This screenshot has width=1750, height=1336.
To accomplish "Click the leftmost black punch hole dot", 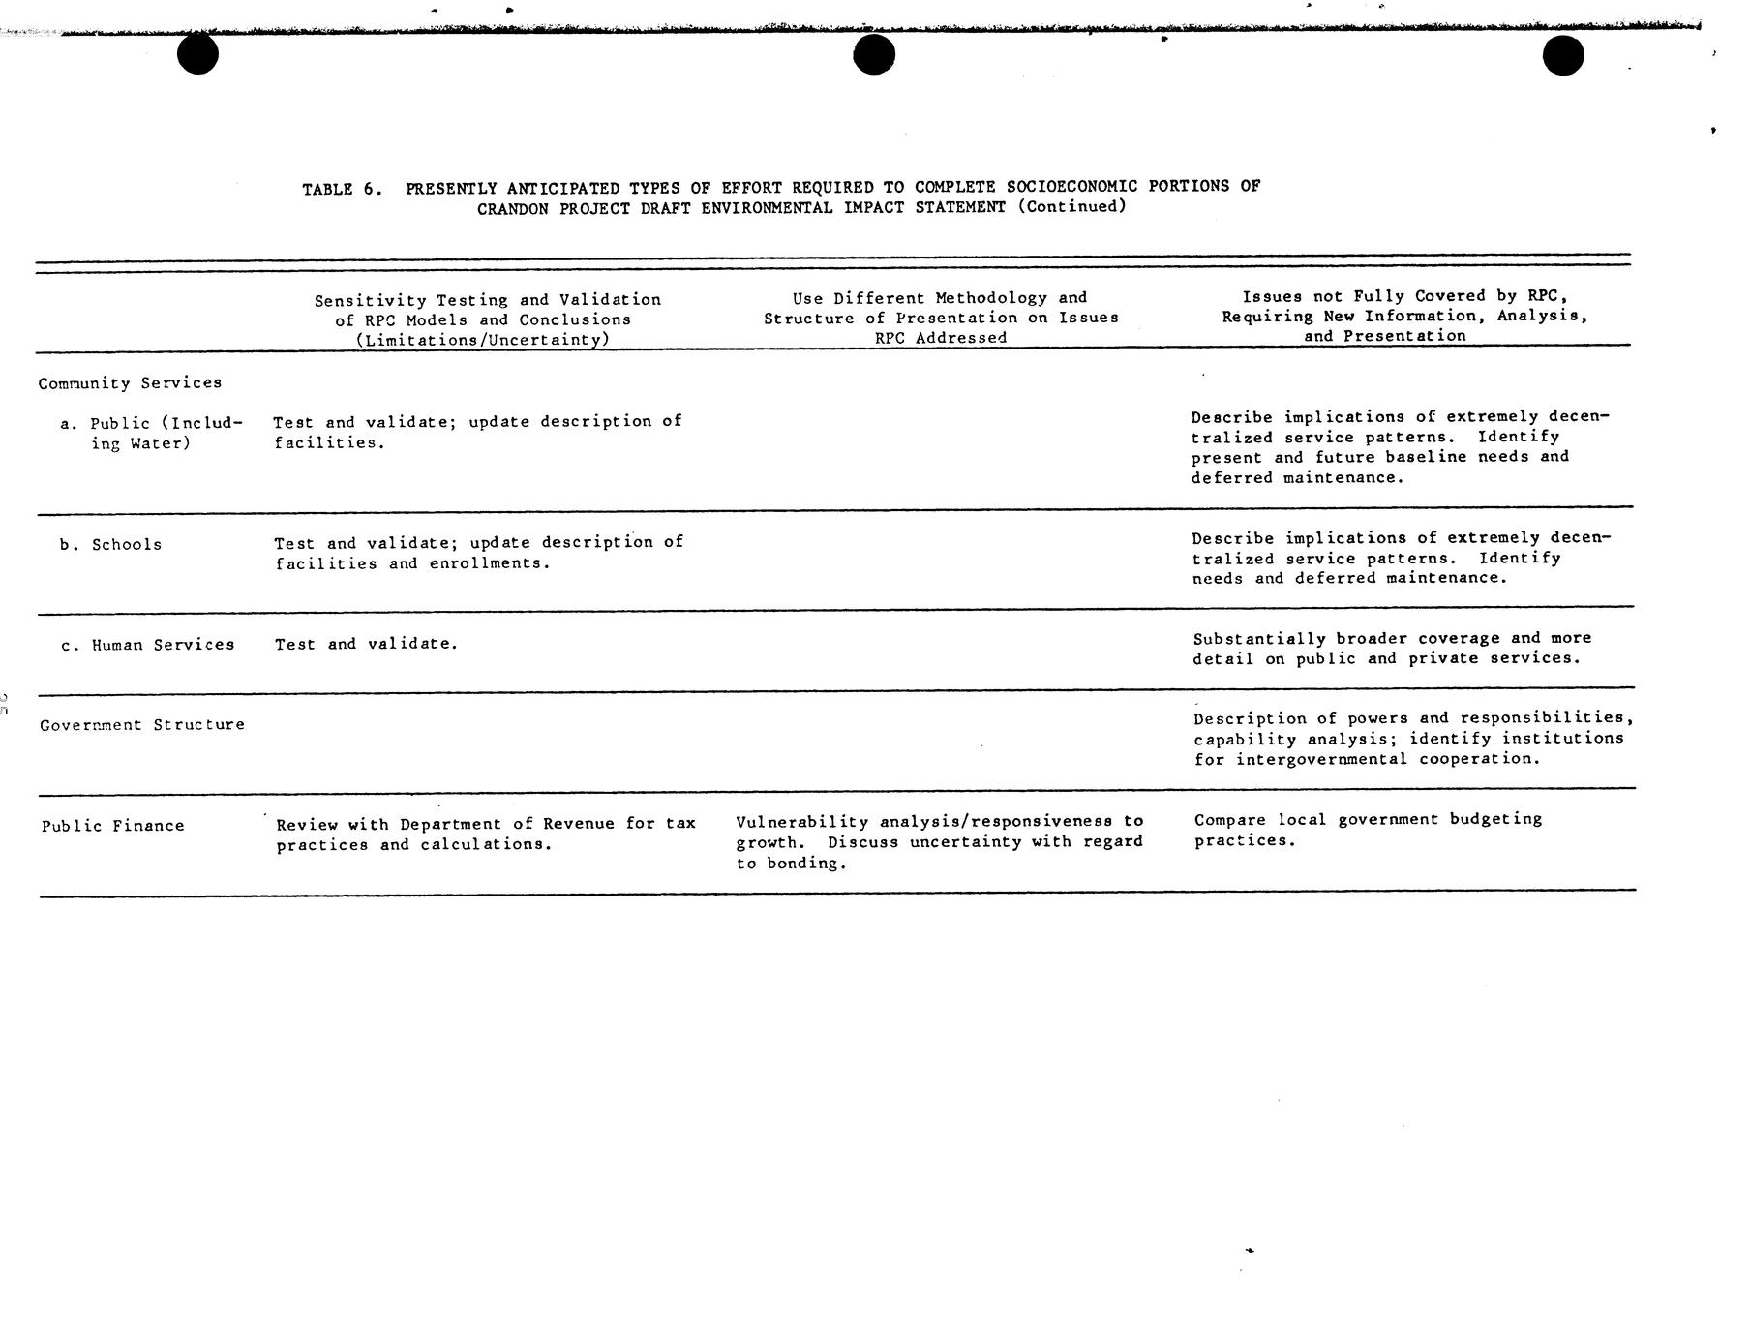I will [x=197, y=54].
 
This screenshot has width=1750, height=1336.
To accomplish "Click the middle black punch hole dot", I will [x=873, y=54].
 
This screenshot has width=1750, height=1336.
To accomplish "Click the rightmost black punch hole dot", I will [x=1562, y=55].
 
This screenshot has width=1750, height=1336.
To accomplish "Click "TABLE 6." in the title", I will [x=342, y=189].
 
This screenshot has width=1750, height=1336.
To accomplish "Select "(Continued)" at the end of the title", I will [x=1071, y=206].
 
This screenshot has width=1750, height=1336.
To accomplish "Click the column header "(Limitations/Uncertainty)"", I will [x=482, y=340].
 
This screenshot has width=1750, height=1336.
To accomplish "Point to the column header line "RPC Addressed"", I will [x=940, y=338].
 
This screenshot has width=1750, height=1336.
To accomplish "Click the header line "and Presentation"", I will [x=1384, y=336].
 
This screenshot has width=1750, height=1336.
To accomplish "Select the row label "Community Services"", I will [x=130, y=383].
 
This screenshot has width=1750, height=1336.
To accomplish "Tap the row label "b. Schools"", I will [x=110, y=545].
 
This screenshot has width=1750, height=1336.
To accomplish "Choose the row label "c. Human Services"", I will [x=147, y=645].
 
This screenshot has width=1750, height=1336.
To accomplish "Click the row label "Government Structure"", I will [x=142, y=725].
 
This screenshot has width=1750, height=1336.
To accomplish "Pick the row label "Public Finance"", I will [x=112, y=826].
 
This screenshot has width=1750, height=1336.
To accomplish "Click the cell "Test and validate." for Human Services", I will [x=366, y=644].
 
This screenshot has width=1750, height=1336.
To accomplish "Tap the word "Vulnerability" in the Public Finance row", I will [x=801, y=822].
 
